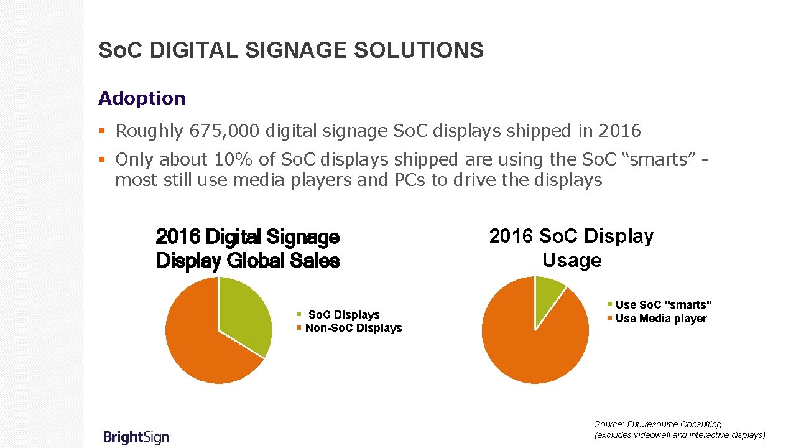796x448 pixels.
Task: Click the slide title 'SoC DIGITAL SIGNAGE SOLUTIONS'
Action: pos(290,50)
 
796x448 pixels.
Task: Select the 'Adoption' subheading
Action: pos(142,98)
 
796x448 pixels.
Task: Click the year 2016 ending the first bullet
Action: pos(619,131)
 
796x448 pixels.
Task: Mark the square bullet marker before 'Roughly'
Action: pos(103,131)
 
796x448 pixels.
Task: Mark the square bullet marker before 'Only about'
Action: pos(103,160)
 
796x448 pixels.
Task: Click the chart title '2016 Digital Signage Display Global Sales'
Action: pos(248,249)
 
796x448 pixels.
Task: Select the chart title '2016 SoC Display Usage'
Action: pos(571,248)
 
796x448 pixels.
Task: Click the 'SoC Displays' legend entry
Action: pos(343,315)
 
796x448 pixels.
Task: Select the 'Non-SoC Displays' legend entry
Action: pos(353,328)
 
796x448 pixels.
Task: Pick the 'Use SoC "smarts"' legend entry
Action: pos(663,305)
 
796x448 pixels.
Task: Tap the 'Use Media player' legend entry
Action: pos(660,319)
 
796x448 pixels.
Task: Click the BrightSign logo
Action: pos(136,437)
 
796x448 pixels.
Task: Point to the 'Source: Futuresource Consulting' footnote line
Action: pos(658,424)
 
